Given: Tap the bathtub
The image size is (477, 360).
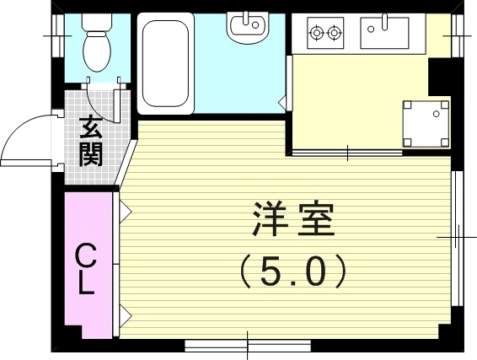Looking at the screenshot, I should click(x=165, y=65).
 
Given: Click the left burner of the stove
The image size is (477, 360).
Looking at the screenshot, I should click(x=318, y=33).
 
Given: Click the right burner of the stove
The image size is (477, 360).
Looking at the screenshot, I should click(x=335, y=33).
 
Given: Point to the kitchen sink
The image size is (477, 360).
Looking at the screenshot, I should click(x=384, y=34).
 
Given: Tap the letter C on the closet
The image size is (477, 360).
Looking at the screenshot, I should click(x=85, y=254).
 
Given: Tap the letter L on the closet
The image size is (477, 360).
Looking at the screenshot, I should click(x=85, y=283).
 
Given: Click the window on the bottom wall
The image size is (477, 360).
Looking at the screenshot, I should click(x=248, y=344).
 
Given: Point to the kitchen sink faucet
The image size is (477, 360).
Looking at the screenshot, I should click(x=384, y=21).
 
